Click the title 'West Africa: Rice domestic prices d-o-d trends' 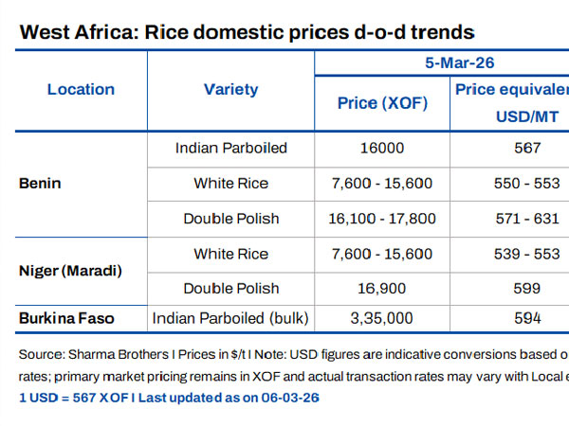click(x=247, y=32)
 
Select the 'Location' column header click(x=81, y=90)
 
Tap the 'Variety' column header click(x=230, y=90)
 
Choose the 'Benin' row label click(x=40, y=183)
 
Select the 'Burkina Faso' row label click(x=66, y=318)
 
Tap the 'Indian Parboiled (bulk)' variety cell click(x=231, y=318)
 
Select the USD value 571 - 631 click(x=522, y=219)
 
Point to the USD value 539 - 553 click(x=522, y=254)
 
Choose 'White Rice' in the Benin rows click(x=230, y=183)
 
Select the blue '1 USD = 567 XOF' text click(x=72, y=397)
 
